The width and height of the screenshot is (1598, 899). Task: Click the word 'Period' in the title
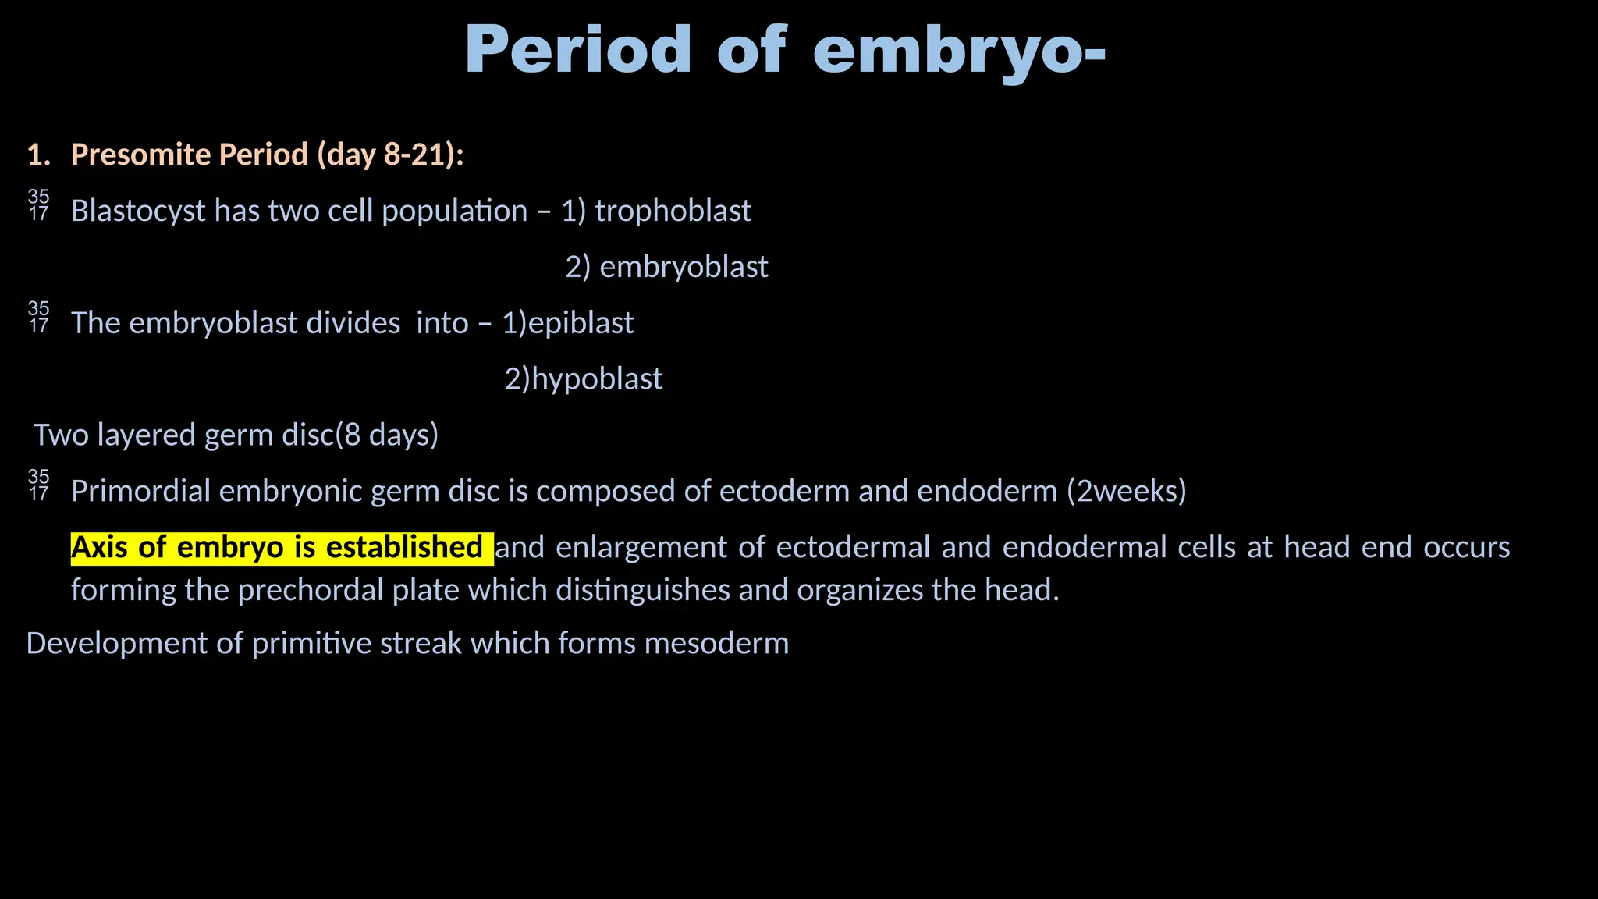(x=578, y=50)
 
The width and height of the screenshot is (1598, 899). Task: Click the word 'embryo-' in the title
(x=959, y=52)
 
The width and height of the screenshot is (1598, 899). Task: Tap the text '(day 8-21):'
(x=390, y=155)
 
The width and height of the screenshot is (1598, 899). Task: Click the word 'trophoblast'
(x=673, y=211)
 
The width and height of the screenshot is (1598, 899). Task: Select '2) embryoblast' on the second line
(x=666, y=267)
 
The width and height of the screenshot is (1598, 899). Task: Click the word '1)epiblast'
(x=567, y=323)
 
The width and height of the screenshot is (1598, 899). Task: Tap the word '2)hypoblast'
(x=583, y=379)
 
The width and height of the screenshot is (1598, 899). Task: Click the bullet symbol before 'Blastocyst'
(x=38, y=204)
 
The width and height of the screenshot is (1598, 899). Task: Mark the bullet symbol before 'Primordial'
(x=38, y=485)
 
